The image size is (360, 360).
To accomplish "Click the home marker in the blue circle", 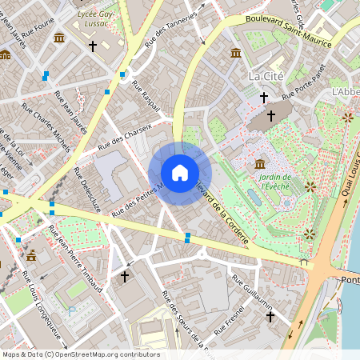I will [179, 174].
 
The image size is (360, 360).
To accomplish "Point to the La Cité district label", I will [266, 76].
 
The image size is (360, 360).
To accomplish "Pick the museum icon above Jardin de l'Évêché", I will [260, 164].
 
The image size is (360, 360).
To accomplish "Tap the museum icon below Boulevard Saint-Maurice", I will [236, 53].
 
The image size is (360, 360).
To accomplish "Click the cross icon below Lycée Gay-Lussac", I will [92, 47].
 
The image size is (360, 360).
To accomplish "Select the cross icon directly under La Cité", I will [264, 98].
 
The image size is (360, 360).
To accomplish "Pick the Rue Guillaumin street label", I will [253, 294].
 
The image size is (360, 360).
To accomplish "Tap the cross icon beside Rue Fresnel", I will [270, 318].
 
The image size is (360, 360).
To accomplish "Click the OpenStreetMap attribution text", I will [80, 354].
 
